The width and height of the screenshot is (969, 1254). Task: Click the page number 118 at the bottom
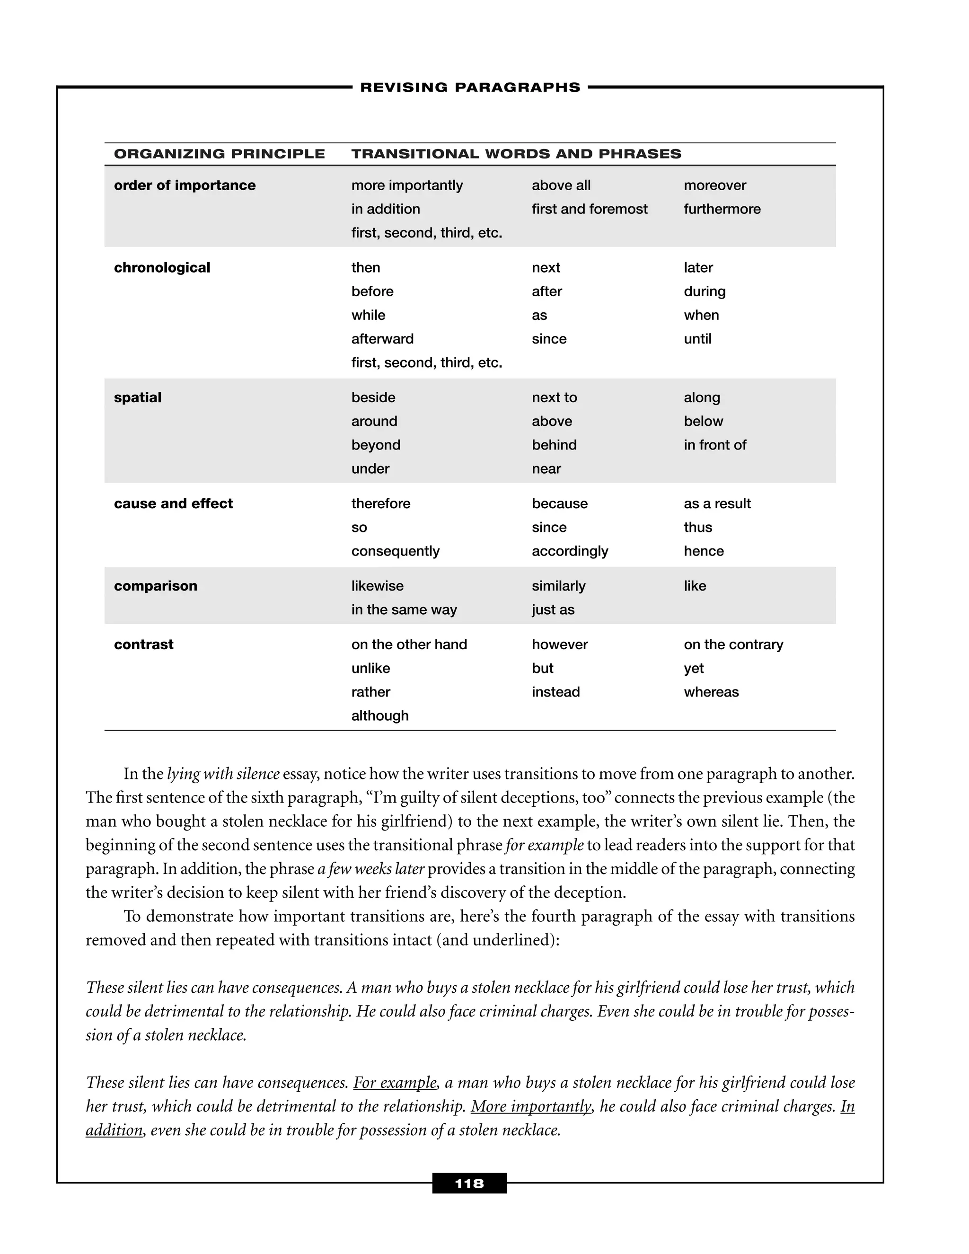click(x=469, y=1183)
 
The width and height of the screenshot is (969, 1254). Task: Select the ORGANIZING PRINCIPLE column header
click(x=219, y=154)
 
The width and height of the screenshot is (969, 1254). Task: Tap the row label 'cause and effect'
click(x=173, y=503)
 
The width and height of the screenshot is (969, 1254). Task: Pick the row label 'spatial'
click(x=138, y=397)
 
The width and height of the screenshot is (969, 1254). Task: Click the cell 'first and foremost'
click(x=589, y=209)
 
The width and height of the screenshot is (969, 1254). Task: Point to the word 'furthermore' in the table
click(x=722, y=209)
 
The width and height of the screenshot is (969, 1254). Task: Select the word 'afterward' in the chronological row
click(x=382, y=339)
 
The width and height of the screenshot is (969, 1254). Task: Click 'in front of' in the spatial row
click(x=715, y=445)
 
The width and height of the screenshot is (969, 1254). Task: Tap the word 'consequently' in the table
click(x=395, y=551)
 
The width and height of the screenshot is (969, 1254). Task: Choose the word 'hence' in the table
click(x=703, y=551)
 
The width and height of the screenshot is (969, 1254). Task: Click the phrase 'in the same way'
click(x=404, y=610)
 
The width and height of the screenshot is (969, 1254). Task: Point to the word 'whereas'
click(x=711, y=692)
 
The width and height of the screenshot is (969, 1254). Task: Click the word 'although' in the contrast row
click(x=379, y=715)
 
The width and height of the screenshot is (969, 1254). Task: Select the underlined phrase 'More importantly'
click(x=531, y=1106)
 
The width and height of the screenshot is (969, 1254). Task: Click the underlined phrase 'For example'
click(x=395, y=1082)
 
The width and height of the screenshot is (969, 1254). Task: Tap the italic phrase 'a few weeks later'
click(x=371, y=869)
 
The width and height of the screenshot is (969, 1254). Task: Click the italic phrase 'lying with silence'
click(x=223, y=774)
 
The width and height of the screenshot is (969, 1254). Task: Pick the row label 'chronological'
click(x=162, y=267)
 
